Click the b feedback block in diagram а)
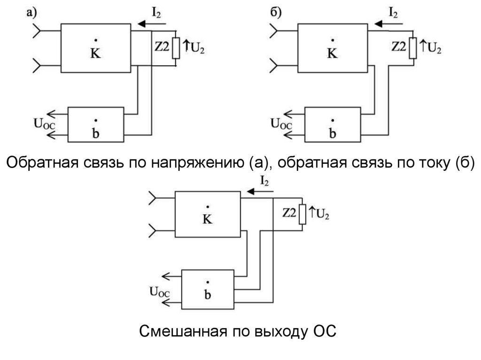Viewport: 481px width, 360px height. click(x=96, y=124)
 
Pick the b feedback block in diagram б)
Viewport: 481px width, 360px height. click(x=333, y=124)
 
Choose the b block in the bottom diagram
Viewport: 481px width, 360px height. click(x=207, y=289)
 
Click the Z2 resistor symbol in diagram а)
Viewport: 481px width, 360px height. click(x=176, y=48)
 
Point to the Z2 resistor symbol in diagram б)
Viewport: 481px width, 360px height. click(x=413, y=48)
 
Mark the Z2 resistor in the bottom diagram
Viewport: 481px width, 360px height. click(x=303, y=214)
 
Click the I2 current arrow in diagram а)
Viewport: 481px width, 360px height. click(x=146, y=23)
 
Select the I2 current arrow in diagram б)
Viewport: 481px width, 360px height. click(x=382, y=23)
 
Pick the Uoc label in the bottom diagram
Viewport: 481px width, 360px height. click(x=159, y=293)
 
